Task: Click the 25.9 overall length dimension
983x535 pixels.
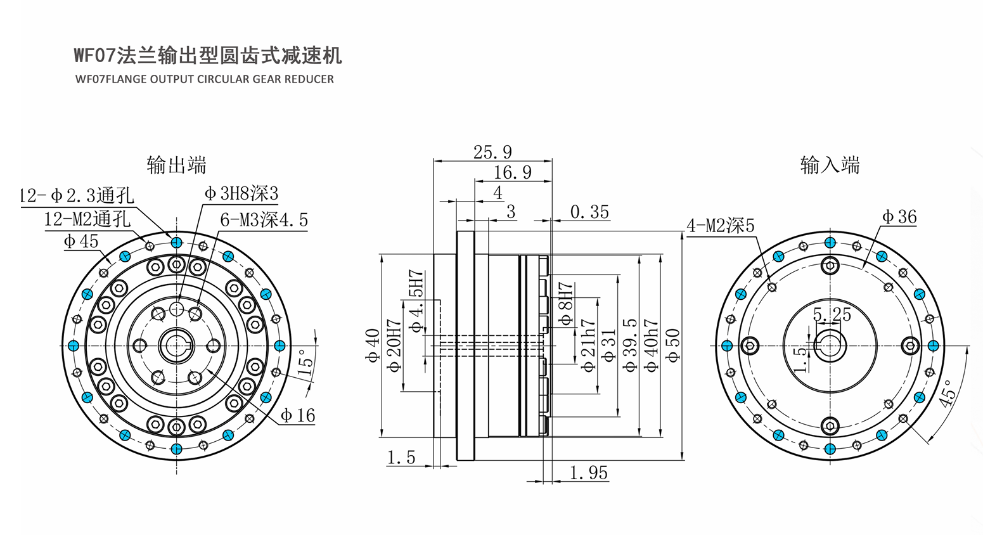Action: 492,152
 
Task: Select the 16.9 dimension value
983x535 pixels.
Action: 513,172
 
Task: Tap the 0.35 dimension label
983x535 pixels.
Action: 589,212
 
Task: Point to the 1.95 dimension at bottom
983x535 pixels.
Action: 589,473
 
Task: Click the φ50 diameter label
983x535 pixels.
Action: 672,345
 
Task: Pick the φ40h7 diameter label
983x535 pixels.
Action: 652,345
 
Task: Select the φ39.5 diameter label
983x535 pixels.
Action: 630,345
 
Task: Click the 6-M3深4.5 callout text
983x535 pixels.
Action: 264,219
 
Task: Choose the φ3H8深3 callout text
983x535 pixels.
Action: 241,193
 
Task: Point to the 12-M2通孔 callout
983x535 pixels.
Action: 87,219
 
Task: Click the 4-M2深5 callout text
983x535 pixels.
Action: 720,226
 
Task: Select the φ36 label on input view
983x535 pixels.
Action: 899,217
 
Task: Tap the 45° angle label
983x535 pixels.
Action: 947,393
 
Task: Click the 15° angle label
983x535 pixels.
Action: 306,363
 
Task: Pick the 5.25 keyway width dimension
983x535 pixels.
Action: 832,314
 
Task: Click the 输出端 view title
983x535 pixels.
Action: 176,165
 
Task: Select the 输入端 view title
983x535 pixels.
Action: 830,165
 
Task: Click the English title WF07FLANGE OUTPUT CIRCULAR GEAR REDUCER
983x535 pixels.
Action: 205,79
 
